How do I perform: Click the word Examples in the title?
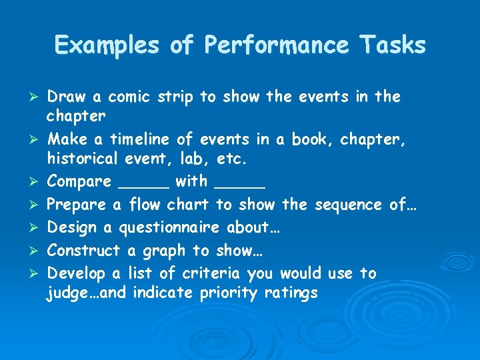point(107,45)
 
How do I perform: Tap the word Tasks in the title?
point(393,45)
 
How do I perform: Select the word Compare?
point(79,181)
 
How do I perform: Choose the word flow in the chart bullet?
point(145,204)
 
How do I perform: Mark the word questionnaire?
point(169,228)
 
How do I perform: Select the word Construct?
point(84,251)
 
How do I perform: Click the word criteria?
point(215,273)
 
